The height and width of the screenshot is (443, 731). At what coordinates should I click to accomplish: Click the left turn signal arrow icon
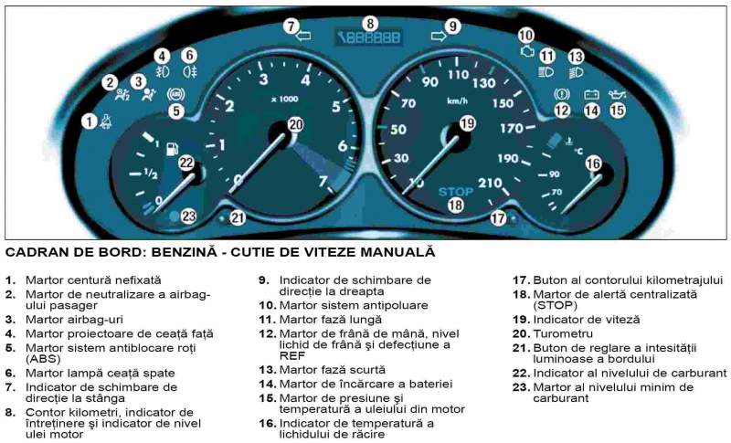click(x=303, y=36)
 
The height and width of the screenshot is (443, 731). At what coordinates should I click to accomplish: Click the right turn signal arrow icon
click(x=439, y=36)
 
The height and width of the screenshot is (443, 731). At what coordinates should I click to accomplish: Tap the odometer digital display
click(x=369, y=37)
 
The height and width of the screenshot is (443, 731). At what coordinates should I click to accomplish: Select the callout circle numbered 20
click(x=295, y=124)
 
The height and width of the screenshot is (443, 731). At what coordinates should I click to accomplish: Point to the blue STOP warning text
click(x=455, y=192)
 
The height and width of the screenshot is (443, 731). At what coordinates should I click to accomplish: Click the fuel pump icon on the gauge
click(x=172, y=148)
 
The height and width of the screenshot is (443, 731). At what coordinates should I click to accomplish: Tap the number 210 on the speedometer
click(x=490, y=183)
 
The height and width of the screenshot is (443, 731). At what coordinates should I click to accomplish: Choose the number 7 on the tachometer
click(x=323, y=181)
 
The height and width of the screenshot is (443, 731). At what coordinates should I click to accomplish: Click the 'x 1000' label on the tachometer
click(x=285, y=100)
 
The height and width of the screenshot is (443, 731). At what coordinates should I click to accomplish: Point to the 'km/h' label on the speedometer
click(x=457, y=100)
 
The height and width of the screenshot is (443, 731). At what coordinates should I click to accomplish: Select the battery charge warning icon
click(x=591, y=95)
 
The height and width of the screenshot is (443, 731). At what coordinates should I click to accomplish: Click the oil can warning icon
click(x=618, y=95)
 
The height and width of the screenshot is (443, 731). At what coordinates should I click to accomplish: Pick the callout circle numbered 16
click(x=593, y=163)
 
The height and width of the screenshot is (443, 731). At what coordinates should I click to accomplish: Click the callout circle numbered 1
click(x=89, y=122)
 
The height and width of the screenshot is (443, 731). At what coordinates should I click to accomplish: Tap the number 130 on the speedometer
click(x=483, y=83)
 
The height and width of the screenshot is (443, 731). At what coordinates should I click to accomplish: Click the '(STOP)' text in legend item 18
click(x=556, y=306)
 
